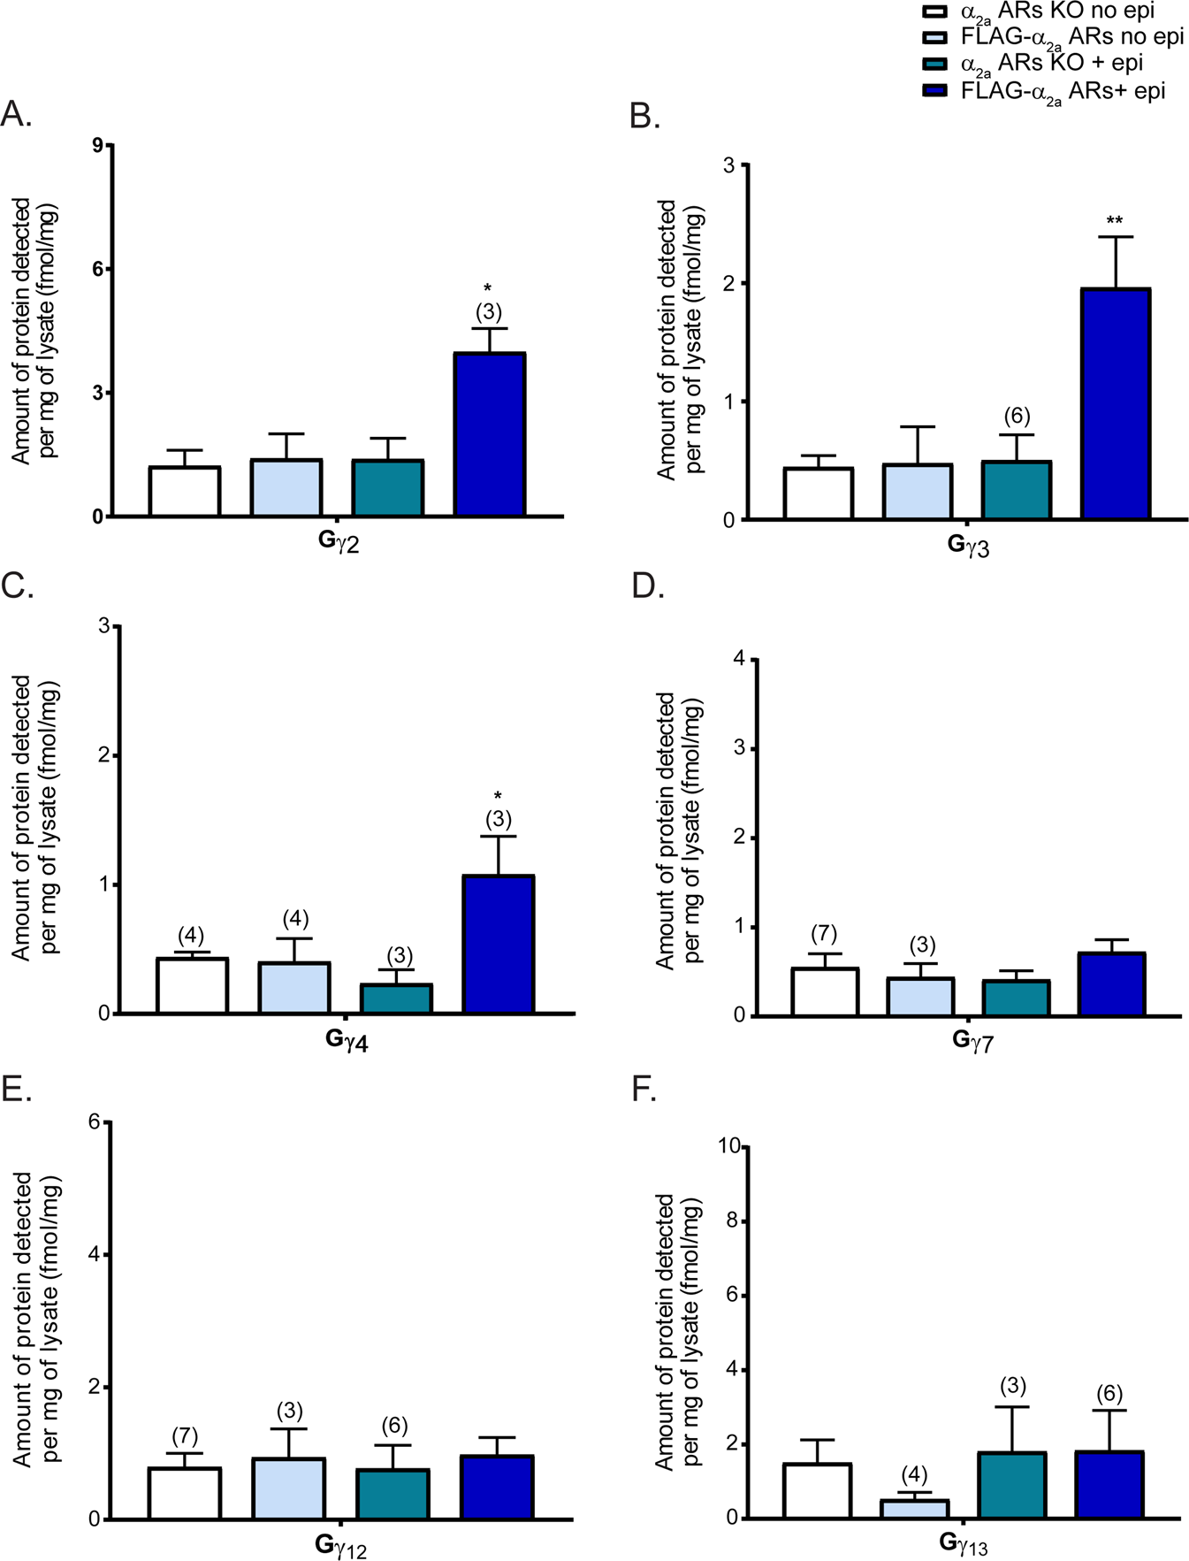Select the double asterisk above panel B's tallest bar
click(x=1115, y=220)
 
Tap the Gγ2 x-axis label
click(x=339, y=541)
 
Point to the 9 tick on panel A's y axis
click(x=97, y=145)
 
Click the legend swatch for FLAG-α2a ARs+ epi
click(x=935, y=91)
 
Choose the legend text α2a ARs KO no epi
click(x=1057, y=12)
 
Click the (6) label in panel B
click(x=1017, y=416)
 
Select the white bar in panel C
click(x=192, y=985)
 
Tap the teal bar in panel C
click(x=396, y=999)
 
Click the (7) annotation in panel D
click(x=823, y=934)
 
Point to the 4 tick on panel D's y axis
click(x=739, y=659)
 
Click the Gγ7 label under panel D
click(x=972, y=1040)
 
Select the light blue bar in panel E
click(x=289, y=1488)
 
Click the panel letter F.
click(x=643, y=1090)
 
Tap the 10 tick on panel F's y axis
click(x=729, y=1146)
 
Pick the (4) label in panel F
click(x=914, y=1474)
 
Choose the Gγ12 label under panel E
click(x=340, y=1546)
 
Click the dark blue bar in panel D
click(x=1112, y=983)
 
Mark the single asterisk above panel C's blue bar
click(x=498, y=795)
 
